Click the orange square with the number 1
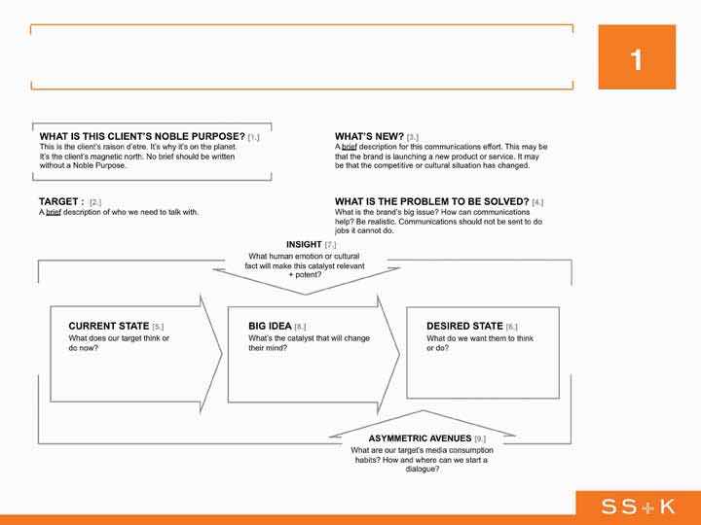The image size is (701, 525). pos(637,57)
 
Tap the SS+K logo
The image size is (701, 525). pos(637,507)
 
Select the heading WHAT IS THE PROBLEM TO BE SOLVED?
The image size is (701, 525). pos(431,201)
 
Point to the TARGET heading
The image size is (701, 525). pos(59,201)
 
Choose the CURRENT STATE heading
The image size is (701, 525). pos(109,326)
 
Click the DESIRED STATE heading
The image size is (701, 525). pos(465,326)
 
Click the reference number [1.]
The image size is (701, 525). pos(254,137)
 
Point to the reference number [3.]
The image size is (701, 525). pos(413,137)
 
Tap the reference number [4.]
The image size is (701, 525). pos(537,202)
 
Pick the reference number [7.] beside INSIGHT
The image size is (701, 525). pos(330,244)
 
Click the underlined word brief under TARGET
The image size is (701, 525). pos(55,212)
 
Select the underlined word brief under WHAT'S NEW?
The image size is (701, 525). pos(350,147)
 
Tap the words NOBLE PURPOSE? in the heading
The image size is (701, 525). pos(198,136)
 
